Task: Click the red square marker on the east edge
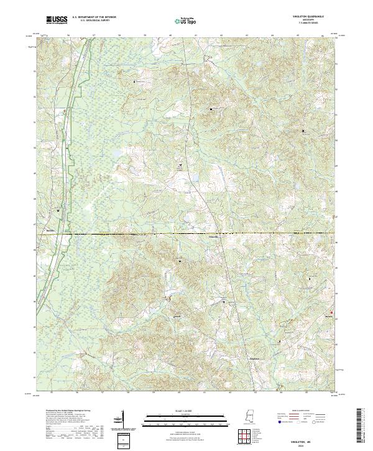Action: (x=331, y=312)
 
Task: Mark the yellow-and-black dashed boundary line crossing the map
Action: (x=186, y=235)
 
